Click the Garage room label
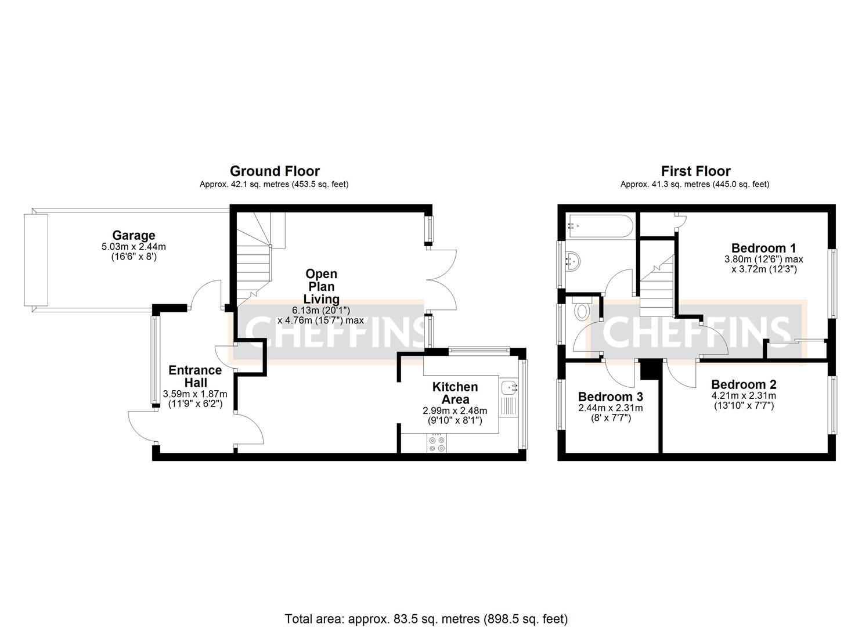[134, 235]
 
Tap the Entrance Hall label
[195, 376]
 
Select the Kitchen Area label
[455, 393]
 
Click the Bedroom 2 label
[744, 384]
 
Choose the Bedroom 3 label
[610, 397]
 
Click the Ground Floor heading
[275, 171]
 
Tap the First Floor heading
[695, 171]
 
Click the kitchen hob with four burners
[437, 444]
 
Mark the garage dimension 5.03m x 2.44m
[134, 247]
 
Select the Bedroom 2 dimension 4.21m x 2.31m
[744, 396]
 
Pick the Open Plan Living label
[321, 286]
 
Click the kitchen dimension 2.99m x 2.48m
[455, 410]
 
